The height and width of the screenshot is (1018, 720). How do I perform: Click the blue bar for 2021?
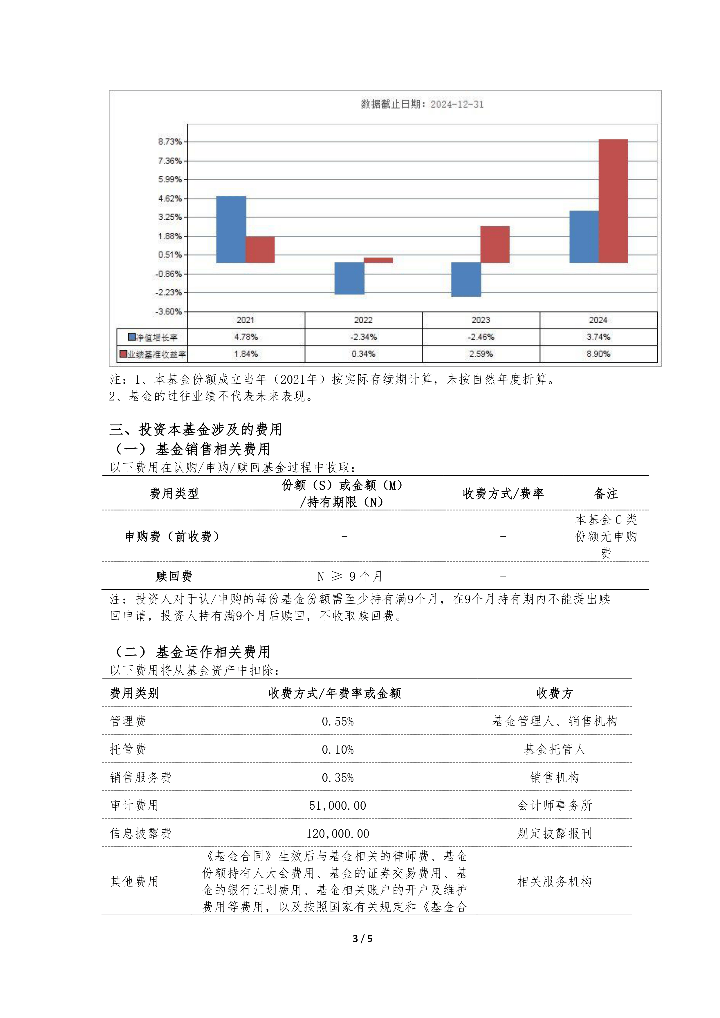tap(231, 229)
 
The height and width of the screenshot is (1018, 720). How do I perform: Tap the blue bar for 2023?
tap(466, 279)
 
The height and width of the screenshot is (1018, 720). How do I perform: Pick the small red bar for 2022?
tap(378, 260)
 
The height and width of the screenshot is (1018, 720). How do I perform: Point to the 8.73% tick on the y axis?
tap(170, 142)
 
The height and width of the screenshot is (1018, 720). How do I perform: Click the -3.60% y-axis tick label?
tap(169, 312)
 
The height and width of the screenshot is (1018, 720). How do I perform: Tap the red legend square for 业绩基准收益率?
tap(123, 354)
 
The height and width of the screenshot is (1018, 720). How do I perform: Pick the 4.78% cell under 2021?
tap(246, 337)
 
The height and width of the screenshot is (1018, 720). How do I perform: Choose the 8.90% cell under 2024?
tap(598, 354)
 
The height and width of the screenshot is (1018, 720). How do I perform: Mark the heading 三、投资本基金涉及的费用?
tap(196, 429)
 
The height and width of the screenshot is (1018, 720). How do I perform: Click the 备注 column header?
tap(606, 494)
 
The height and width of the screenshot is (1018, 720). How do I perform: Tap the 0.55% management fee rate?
tap(338, 722)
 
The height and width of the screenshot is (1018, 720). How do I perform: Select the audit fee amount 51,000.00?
tap(338, 806)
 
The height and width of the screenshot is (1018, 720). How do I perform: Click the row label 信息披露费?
tap(140, 833)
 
